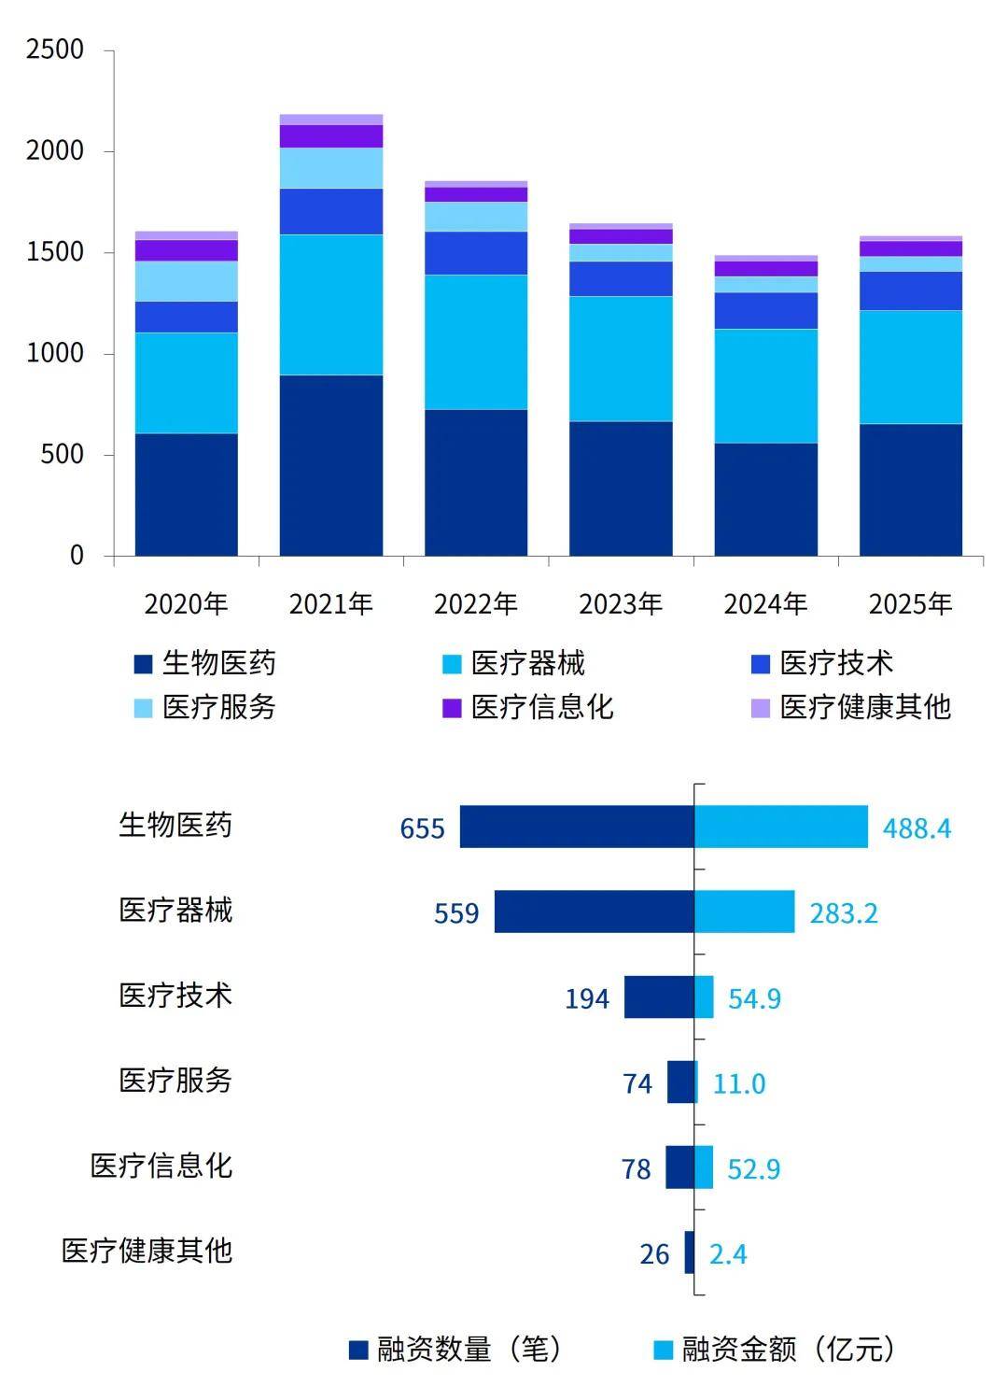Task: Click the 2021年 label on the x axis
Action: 330,604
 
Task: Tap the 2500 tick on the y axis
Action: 55,49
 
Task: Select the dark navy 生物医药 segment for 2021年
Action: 331,465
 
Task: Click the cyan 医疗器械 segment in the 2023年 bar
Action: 621,359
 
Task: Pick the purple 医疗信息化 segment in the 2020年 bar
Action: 187,250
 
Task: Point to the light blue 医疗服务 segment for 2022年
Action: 476,217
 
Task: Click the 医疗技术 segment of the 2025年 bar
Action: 910,291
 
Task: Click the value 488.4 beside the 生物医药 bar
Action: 917,828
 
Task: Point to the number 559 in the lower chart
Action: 456,912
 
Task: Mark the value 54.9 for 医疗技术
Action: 754,998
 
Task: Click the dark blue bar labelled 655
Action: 577,827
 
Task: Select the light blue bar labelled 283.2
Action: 745,912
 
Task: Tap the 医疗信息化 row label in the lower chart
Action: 161,1166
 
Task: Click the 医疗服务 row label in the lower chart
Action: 175,1081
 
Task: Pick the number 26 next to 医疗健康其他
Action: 654,1253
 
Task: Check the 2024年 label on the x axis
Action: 765,604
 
